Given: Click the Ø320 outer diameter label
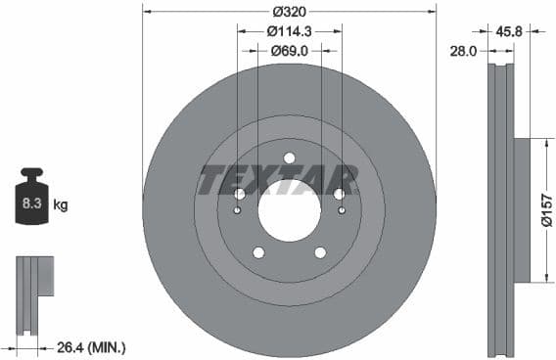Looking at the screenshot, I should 288,12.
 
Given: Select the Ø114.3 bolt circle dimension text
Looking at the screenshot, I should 289,31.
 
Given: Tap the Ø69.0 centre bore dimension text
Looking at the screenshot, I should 289,50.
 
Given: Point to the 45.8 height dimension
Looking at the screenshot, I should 508,31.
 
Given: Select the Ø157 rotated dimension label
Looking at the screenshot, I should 547,210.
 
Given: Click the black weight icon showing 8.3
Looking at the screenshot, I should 30,202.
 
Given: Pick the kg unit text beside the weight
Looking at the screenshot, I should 60,205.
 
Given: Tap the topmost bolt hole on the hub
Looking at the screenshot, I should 289,158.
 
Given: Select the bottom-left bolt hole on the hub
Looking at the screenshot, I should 258,252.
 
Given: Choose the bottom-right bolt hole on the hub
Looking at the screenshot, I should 320,252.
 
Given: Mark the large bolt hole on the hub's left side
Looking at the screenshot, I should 239,194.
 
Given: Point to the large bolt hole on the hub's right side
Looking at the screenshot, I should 339,194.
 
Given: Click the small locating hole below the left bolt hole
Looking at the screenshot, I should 238,210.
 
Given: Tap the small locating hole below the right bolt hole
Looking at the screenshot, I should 341,210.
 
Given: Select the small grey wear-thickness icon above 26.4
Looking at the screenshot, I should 31,288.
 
